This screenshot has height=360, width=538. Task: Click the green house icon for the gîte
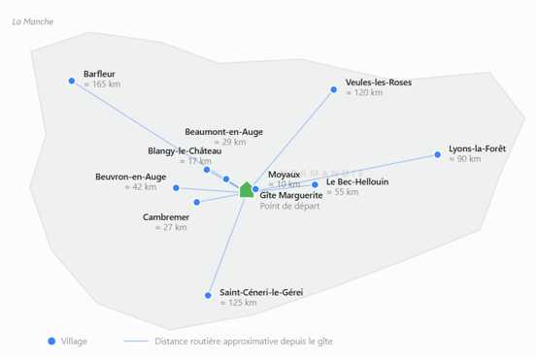247,189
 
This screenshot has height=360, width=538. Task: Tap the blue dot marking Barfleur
71,81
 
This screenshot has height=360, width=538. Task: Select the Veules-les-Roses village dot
333,90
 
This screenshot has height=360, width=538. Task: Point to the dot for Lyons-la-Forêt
437,154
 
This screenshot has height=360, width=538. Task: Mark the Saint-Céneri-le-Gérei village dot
208,295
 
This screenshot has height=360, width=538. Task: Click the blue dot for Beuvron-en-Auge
176,187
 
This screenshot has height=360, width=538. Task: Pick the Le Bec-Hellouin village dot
315,184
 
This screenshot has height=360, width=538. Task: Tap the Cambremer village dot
196,202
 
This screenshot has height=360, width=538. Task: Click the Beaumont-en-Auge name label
224,132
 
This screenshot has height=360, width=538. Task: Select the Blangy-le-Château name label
185,151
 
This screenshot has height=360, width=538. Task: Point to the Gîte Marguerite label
291,195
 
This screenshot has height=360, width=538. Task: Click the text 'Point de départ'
289,206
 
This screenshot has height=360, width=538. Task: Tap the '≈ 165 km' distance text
102,84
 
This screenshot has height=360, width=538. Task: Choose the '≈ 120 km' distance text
364,93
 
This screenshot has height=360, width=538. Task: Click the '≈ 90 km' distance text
465,159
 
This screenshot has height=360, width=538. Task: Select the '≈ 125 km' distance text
239,303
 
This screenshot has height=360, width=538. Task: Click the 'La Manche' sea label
33,22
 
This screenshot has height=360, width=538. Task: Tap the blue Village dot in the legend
51,342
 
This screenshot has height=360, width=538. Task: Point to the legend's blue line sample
136,342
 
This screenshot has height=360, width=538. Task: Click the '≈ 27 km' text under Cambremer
171,228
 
